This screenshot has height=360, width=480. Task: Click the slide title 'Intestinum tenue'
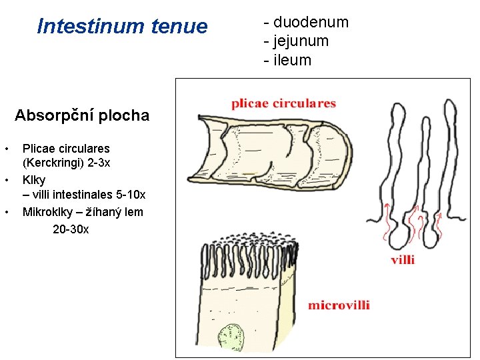click(123, 27)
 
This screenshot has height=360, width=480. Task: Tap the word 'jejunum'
click(301, 41)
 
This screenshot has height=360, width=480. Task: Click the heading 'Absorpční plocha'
click(82, 115)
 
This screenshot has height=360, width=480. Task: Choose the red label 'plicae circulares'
click(283, 103)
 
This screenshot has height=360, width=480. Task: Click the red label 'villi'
click(403, 259)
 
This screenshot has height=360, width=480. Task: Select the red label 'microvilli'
click(339, 305)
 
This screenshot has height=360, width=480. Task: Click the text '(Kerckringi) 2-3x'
click(67, 163)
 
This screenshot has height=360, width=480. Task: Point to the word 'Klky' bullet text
click(34, 179)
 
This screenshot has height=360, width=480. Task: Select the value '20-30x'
click(71, 229)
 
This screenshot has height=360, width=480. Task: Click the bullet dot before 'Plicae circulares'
click(6, 148)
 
